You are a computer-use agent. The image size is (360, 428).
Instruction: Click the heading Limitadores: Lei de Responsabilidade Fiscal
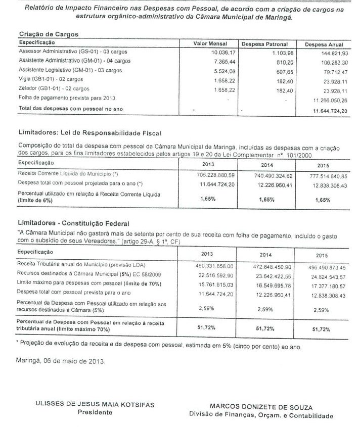pyautogui.click(x=90, y=133)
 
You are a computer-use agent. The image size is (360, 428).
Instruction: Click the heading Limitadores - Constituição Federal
pyautogui.click(x=73, y=222)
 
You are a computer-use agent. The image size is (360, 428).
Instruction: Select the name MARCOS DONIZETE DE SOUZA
pyautogui.click(x=261, y=406)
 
